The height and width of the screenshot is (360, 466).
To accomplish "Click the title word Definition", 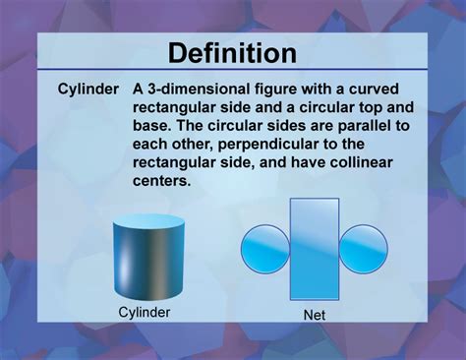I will [232, 53].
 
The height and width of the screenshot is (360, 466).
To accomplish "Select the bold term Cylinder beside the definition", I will [87, 90].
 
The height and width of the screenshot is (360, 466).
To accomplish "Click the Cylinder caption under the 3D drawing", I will [145, 312].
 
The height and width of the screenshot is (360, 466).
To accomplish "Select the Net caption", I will [315, 316].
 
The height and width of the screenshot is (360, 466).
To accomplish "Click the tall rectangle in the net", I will [315, 248].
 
